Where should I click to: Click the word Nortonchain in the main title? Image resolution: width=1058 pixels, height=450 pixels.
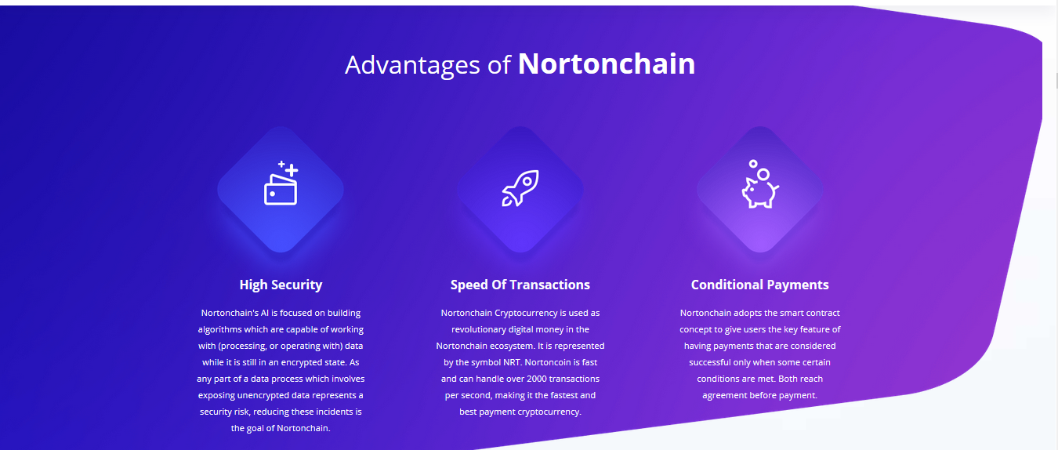coord(607,64)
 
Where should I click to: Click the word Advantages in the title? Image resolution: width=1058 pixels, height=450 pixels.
coord(412,65)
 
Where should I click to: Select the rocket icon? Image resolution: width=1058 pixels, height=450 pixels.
coord(520,188)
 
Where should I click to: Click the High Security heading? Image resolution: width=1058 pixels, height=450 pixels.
coord(281,285)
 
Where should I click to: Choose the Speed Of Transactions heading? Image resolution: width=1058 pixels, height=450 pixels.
coord(520,285)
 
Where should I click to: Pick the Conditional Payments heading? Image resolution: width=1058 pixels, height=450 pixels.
coord(759,285)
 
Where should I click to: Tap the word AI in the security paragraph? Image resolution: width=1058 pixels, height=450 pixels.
coord(265,313)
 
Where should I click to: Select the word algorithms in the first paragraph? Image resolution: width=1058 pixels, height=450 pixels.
coord(219,329)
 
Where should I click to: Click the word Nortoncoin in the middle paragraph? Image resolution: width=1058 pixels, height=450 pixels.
coord(548,362)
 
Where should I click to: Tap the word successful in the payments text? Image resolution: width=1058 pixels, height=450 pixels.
coord(710,362)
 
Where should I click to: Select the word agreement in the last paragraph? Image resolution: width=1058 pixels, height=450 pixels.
coord(723,396)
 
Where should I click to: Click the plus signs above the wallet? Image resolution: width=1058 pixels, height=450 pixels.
coord(288,169)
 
